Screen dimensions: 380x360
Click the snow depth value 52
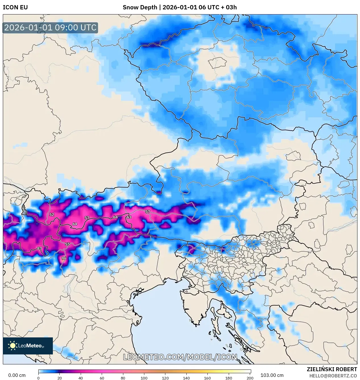(x=52, y=215)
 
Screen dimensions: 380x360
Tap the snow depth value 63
(x=129, y=217)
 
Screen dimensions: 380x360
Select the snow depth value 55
(x=67, y=244)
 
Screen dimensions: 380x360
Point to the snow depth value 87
(x=39, y=249)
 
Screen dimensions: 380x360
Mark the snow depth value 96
(x=64, y=258)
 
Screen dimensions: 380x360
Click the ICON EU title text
(x=15, y=7)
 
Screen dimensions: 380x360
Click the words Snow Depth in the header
(x=140, y=7)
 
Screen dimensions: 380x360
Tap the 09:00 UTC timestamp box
(x=50, y=28)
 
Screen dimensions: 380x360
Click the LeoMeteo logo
(x=28, y=346)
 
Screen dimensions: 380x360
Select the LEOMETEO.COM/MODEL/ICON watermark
(x=180, y=357)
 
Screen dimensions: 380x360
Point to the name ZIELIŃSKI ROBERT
(x=332, y=369)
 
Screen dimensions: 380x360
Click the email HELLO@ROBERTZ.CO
(x=333, y=376)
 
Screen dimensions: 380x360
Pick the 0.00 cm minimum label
(x=17, y=375)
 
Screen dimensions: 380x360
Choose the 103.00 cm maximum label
(x=272, y=375)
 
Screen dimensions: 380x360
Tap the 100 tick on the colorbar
(x=144, y=378)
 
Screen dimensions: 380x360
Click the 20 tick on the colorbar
(x=60, y=378)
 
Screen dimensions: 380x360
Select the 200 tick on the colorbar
(x=250, y=378)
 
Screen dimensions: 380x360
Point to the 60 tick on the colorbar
(x=102, y=378)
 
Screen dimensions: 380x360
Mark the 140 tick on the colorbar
(x=186, y=378)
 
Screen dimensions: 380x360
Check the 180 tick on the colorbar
(x=229, y=378)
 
